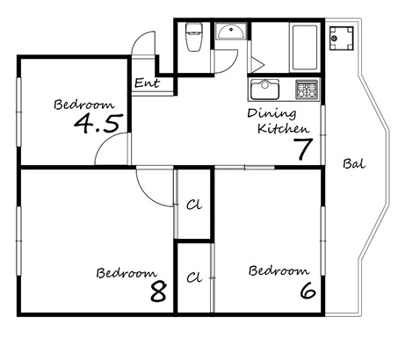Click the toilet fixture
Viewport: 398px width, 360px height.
(194, 37)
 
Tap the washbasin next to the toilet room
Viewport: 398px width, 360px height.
(231, 32)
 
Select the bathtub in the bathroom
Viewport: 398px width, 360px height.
(304, 47)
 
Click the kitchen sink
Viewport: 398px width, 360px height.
(264, 89)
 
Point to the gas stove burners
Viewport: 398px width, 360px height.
(307, 90)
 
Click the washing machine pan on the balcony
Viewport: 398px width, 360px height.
(342, 38)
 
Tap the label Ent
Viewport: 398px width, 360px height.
(147, 83)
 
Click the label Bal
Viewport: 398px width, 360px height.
(354, 164)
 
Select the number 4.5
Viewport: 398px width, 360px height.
(98, 124)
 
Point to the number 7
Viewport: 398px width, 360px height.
(303, 148)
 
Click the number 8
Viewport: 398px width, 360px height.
(159, 292)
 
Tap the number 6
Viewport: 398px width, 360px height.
(308, 291)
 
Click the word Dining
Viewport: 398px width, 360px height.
(271, 113)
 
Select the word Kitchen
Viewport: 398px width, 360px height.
(283, 128)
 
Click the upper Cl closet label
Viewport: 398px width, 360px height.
(194, 205)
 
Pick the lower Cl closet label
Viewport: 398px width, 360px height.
(194, 277)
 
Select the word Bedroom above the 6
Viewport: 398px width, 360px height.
(279, 270)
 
